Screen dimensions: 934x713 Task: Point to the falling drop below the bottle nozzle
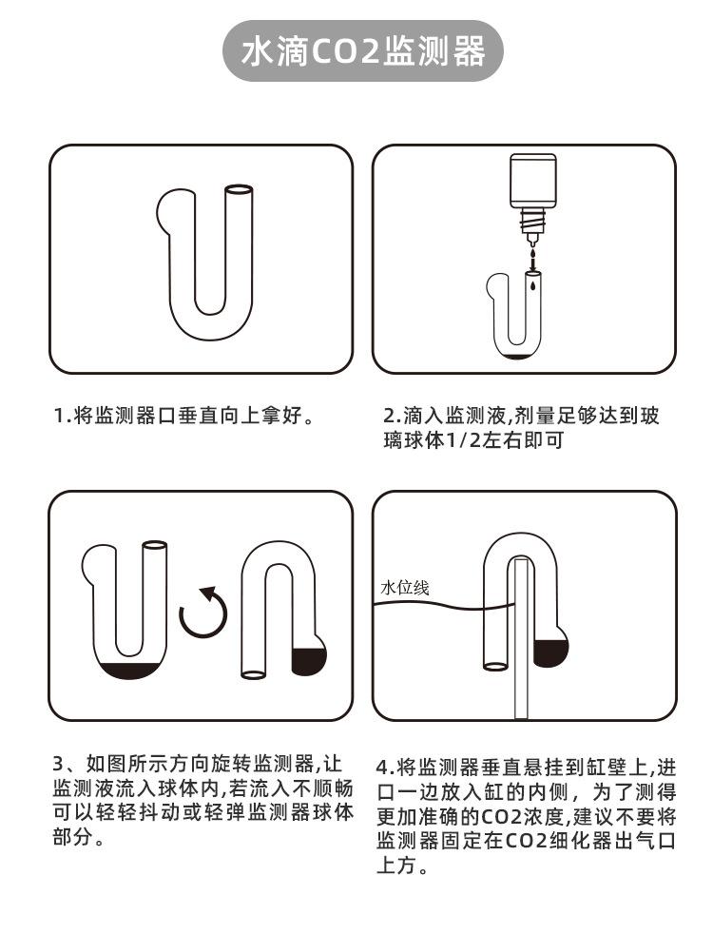[532, 256]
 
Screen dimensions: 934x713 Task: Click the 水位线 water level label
[405, 587]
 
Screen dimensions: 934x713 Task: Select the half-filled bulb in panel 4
[551, 650]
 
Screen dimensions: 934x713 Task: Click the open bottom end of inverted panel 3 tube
[254, 674]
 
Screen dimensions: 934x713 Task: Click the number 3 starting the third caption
[57, 764]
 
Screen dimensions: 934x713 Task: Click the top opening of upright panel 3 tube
[154, 547]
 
